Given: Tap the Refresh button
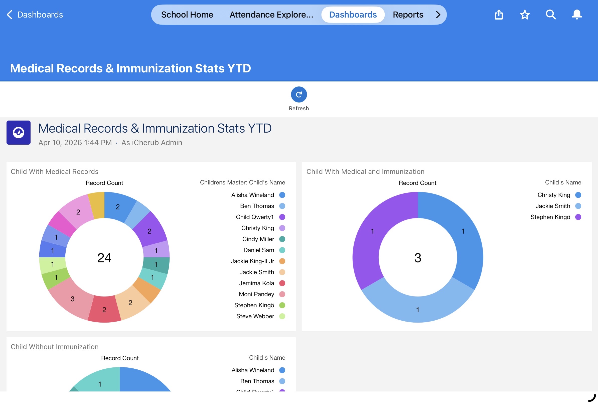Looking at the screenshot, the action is pyautogui.click(x=299, y=94).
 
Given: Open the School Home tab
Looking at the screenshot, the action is pyautogui.click(x=187, y=15).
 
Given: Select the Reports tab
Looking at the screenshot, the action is pyautogui.click(x=408, y=15).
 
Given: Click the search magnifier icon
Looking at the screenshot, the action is pyautogui.click(x=551, y=15).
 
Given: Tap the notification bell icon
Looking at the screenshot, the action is pyautogui.click(x=577, y=15).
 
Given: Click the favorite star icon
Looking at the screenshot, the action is pyautogui.click(x=525, y=15).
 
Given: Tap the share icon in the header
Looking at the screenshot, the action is pyautogui.click(x=499, y=15).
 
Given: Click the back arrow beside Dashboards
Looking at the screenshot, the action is pyautogui.click(x=10, y=15).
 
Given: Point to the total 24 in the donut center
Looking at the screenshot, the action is pyautogui.click(x=104, y=258).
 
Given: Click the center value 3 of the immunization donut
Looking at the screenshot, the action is pyautogui.click(x=418, y=258).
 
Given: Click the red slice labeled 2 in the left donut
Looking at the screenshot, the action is pyautogui.click(x=104, y=309).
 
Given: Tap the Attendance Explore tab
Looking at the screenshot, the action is pyautogui.click(x=271, y=15).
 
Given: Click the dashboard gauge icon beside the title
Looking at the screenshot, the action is pyautogui.click(x=19, y=132).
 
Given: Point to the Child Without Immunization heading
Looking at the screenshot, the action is pyautogui.click(x=55, y=347).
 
